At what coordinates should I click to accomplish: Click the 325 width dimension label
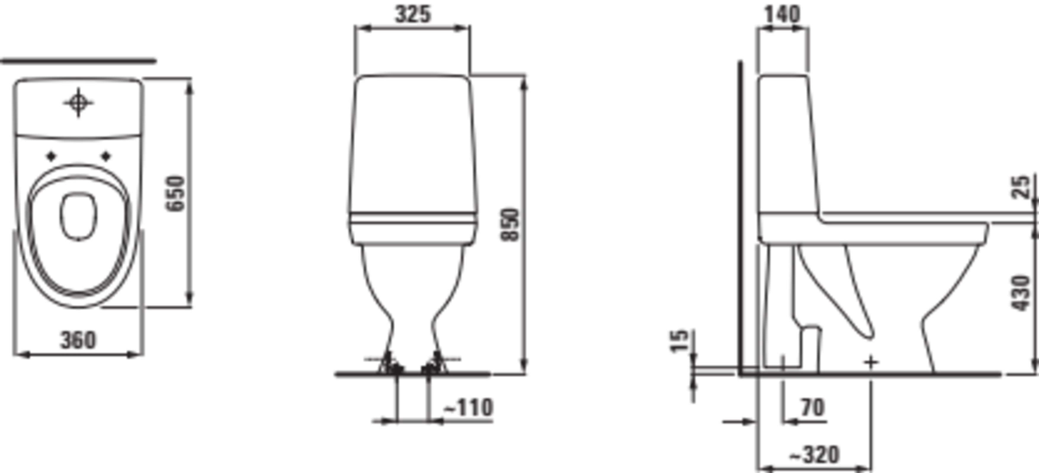click(413, 15)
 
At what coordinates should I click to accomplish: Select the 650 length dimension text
click(175, 193)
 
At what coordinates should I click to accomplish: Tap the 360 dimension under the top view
click(78, 340)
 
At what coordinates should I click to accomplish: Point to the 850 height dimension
click(509, 225)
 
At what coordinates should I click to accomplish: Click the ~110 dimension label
click(468, 407)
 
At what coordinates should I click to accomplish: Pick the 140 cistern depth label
click(783, 15)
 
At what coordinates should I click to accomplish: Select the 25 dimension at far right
click(1021, 187)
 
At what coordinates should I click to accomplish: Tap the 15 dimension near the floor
click(679, 341)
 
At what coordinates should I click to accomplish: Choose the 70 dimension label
click(813, 408)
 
